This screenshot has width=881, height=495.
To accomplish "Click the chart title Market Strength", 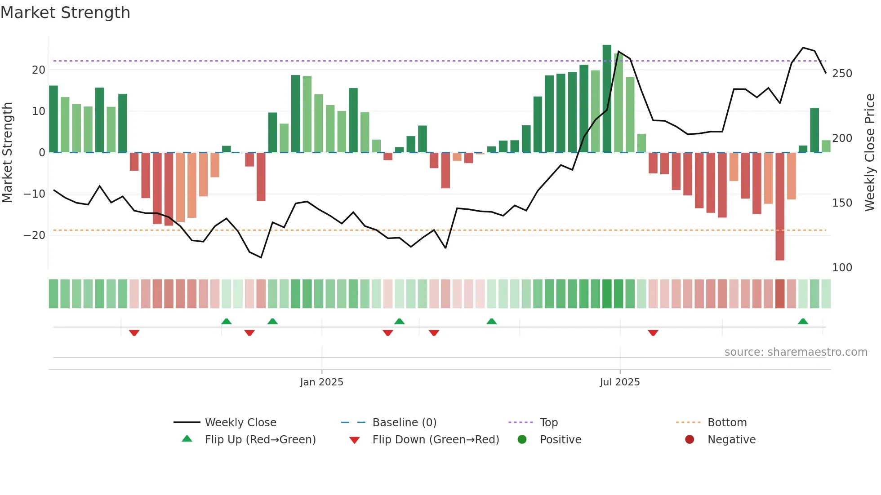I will click(65, 13).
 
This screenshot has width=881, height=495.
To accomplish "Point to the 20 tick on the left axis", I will click(39, 70).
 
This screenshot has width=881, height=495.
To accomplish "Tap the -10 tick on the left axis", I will click(35, 194).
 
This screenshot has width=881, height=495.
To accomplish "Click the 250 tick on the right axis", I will click(842, 74).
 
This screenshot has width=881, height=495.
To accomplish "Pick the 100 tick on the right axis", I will click(842, 268).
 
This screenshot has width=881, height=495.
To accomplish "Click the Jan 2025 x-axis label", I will click(321, 382).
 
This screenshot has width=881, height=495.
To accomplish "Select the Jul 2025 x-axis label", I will click(619, 382).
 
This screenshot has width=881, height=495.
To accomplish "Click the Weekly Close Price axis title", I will click(870, 153).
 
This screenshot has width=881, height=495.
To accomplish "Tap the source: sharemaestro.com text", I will click(796, 352).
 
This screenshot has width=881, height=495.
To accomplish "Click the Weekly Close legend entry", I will click(240, 423).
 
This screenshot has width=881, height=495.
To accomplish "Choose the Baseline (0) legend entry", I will click(404, 423).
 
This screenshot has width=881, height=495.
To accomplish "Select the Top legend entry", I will click(548, 423).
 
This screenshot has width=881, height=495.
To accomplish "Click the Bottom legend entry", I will click(727, 423).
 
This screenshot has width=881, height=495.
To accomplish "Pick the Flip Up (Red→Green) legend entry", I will click(260, 440).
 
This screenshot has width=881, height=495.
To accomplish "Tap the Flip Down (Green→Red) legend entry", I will click(436, 440).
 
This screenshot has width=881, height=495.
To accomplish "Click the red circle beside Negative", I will click(690, 439).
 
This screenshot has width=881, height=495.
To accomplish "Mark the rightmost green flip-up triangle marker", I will click(803, 322).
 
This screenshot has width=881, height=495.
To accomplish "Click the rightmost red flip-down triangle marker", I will click(653, 332).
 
